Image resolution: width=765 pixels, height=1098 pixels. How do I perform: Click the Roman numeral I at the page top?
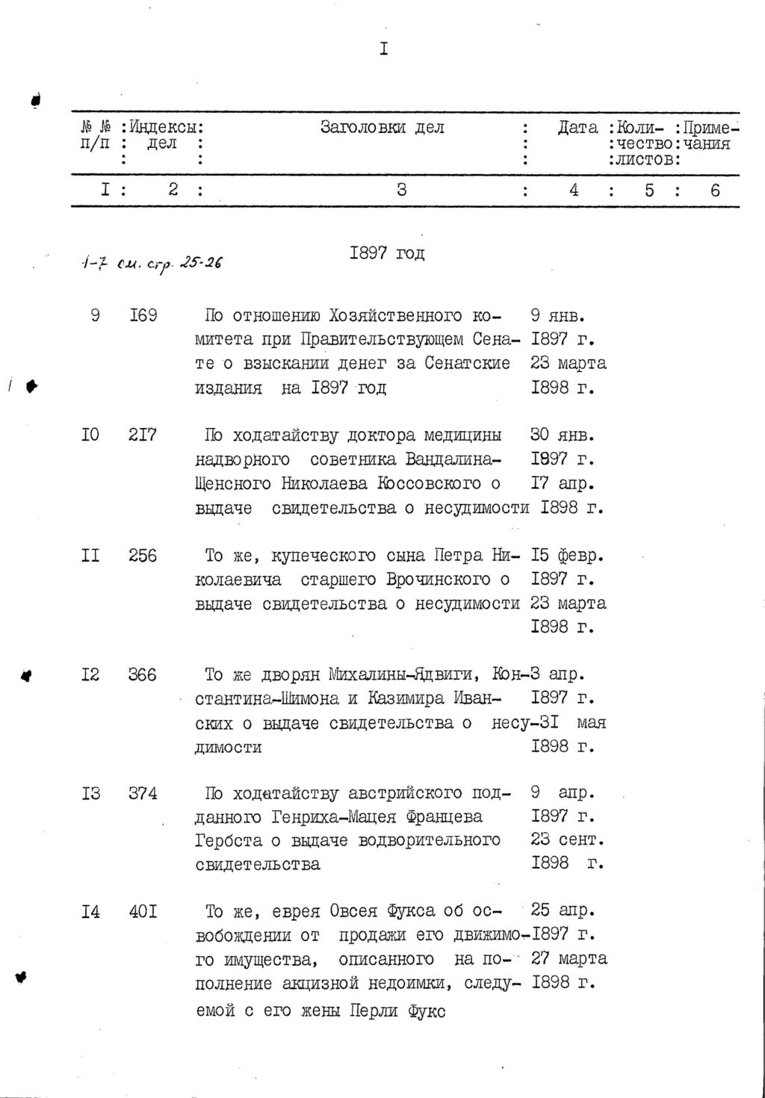(383, 49)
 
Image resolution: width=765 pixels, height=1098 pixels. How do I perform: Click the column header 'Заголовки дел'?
(382, 128)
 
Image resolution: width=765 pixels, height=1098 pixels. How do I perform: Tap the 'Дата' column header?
(577, 128)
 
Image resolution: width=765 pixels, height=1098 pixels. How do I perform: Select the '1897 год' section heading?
(387, 253)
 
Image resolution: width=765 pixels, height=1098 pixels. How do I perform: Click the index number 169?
(143, 315)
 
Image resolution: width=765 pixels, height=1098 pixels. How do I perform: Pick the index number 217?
(143, 435)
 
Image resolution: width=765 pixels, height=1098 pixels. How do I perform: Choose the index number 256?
(143, 555)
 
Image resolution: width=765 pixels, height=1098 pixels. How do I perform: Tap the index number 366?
(143, 674)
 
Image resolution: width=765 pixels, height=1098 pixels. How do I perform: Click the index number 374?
(143, 793)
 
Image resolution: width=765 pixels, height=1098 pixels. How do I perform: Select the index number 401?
(143, 912)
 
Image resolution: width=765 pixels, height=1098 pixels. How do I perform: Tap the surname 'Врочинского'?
(439, 580)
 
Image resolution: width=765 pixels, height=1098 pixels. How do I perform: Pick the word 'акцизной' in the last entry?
(344, 983)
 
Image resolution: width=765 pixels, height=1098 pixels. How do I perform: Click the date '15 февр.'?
(567, 555)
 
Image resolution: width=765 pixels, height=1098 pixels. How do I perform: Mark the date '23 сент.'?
(567, 840)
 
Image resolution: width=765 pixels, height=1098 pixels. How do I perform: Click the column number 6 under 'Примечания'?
(715, 190)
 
